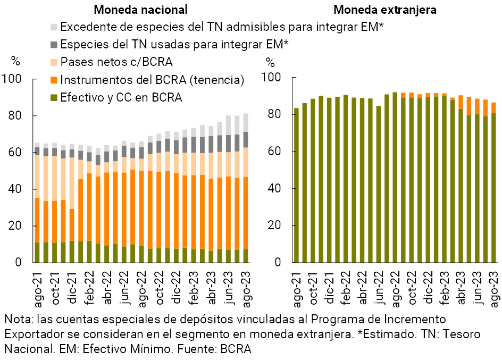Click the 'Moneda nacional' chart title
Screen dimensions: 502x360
pyautogui.click(x=140, y=10)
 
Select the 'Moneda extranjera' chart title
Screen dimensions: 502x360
pyautogui.click(x=385, y=10)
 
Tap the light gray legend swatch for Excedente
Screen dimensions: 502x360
pyautogui.click(x=54, y=27)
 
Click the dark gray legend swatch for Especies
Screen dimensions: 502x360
pyautogui.click(x=54, y=45)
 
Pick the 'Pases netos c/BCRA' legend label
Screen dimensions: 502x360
pyautogui.click(x=116, y=62)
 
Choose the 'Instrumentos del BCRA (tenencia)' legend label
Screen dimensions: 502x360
pyautogui.click(x=152, y=80)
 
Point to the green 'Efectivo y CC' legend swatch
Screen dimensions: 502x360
pyautogui.click(x=54, y=97)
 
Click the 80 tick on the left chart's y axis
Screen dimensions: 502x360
pyautogui.click(x=15, y=115)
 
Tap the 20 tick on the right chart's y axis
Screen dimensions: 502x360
pyautogui.click(x=274, y=225)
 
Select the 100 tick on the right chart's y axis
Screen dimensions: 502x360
pyautogui.click(x=271, y=77)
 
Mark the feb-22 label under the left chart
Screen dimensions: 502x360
pyautogui.click(x=90, y=287)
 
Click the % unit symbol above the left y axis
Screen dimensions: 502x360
pyautogui.click(x=15, y=61)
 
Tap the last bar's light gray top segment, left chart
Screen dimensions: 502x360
pyautogui.click(x=246, y=122)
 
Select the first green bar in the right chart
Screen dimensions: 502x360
pyautogui.click(x=296, y=185)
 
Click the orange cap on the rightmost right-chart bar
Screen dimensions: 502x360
pyautogui.click(x=493, y=108)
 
